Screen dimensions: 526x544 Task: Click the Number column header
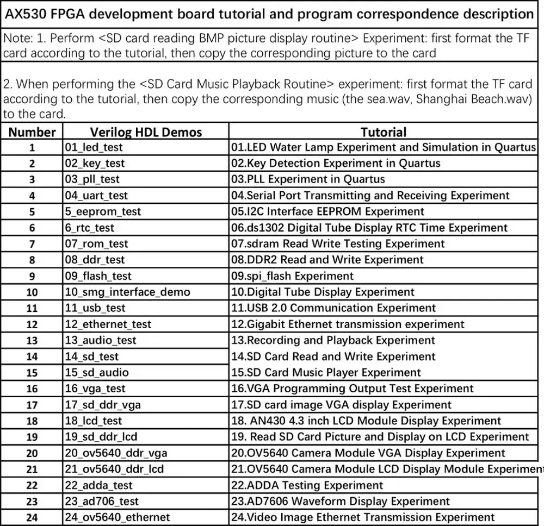click(32, 132)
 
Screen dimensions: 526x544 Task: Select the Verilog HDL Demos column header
click(146, 132)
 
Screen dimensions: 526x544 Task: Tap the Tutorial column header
click(384, 132)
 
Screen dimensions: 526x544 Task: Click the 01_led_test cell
click(94, 147)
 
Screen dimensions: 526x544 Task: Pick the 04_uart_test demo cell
click(97, 196)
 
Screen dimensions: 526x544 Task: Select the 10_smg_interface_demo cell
click(128, 292)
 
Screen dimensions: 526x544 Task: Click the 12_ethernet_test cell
click(108, 324)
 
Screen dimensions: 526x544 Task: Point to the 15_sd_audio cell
click(97, 373)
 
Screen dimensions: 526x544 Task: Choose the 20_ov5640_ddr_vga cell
click(116, 453)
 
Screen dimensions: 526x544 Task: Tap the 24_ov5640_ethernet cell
click(118, 517)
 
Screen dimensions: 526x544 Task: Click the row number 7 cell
click(32, 244)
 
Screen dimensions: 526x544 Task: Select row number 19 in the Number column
click(32, 437)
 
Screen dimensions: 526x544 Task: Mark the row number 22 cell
click(32, 485)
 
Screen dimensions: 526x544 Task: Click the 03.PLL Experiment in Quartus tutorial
click(308, 179)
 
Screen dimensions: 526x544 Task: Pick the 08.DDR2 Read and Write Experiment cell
click(327, 260)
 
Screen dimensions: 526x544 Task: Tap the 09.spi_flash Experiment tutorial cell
click(293, 276)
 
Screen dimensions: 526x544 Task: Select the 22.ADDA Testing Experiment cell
click(307, 485)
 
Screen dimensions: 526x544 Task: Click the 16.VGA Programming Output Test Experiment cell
click(353, 389)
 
